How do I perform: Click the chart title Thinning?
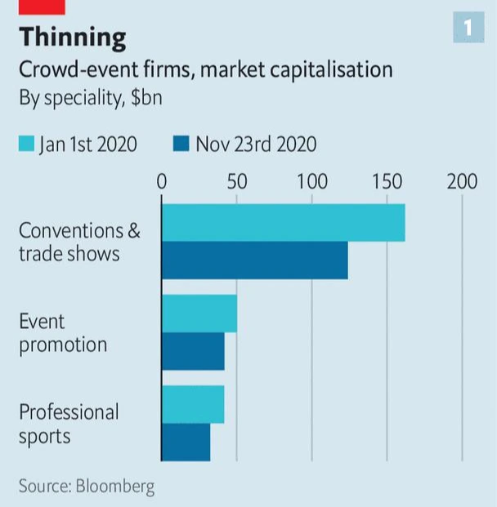(73, 38)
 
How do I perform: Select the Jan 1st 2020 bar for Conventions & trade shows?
(283, 224)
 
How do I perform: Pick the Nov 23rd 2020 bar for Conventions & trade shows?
(254, 260)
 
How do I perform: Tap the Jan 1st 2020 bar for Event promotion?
(199, 314)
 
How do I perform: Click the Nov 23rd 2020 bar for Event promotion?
(193, 351)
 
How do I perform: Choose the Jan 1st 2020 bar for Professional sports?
(193, 405)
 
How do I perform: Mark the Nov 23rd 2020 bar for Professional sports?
(186, 442)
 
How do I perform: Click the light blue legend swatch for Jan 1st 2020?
(26, 145)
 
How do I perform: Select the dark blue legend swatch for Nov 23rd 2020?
(181, 145)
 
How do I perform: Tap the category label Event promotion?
(63, 333)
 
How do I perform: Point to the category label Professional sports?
(69, 424)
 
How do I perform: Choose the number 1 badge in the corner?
(468, 28)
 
